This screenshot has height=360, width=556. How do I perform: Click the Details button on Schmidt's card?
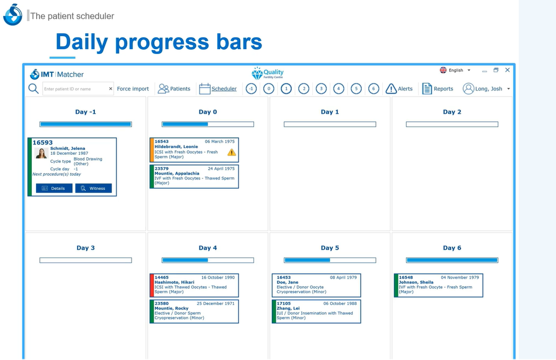(x=54, y=188)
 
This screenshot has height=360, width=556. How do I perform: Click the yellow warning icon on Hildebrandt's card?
(x=231, y=153)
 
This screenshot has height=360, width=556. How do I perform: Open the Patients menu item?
(x=174, y=88)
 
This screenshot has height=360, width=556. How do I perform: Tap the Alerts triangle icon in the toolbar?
(x=391, y=88)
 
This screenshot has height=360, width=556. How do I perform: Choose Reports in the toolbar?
(x=437, y=88)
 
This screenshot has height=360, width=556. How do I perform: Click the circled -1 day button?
(x=251, y=88)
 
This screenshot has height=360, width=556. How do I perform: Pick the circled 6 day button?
(x=373, y=88)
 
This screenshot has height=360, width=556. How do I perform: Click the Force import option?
(x=133, y=88)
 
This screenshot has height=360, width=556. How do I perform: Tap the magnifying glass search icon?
(x=33, y=88)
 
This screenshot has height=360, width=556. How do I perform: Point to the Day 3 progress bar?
(x=85, y=260)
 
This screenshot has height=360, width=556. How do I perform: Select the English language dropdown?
(x=455, y=70)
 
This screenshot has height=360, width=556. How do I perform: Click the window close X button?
(x=507, y=70)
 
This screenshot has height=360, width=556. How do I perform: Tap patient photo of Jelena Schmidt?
(x=42, y=153)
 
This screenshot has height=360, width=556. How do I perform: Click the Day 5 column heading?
(x=330, y=248)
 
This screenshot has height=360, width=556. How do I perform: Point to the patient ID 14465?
(x=161, y=278)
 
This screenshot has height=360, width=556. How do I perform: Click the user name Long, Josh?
(x=489, y=88)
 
